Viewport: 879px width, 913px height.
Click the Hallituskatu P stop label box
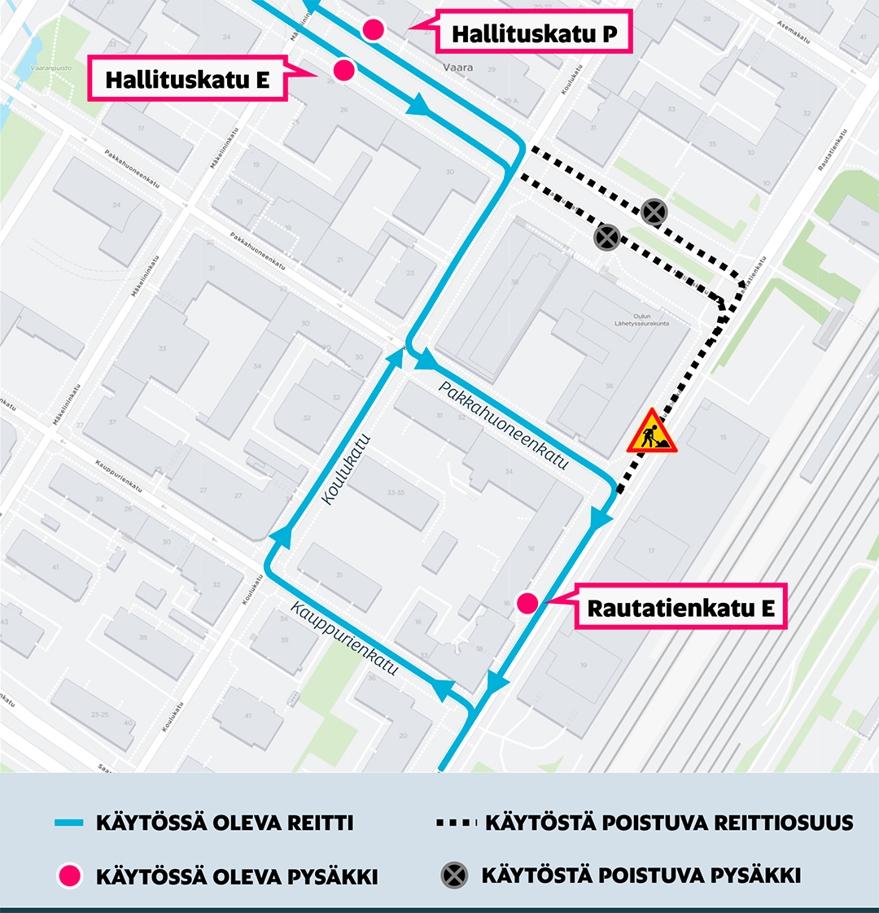(x=534, y=33)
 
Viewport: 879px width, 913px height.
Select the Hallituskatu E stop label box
(x=187, y=79)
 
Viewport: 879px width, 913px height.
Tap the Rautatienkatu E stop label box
(x=680, y=607)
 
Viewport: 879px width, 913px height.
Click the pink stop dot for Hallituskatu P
(x=374, y=29)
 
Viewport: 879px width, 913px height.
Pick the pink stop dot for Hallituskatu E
(x=343, y=70)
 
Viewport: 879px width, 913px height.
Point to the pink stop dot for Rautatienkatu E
(x=527, y=603)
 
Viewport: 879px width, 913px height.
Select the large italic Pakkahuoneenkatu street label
(x=503, y=425)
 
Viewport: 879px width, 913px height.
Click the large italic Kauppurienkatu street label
(x=345, y=639)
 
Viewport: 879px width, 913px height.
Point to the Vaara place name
(x=457, y=68)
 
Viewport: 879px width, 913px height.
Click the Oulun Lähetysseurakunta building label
(x=641, y=320)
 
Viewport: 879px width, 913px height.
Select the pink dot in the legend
(x=70, y=876)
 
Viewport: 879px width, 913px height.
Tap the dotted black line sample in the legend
(x=456, y=823)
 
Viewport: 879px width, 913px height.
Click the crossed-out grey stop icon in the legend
(x=454, y=876)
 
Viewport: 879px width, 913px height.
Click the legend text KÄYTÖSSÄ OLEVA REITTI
(x=225, y=823)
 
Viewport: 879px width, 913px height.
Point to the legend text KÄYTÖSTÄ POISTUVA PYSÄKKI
(x=641, y=876)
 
